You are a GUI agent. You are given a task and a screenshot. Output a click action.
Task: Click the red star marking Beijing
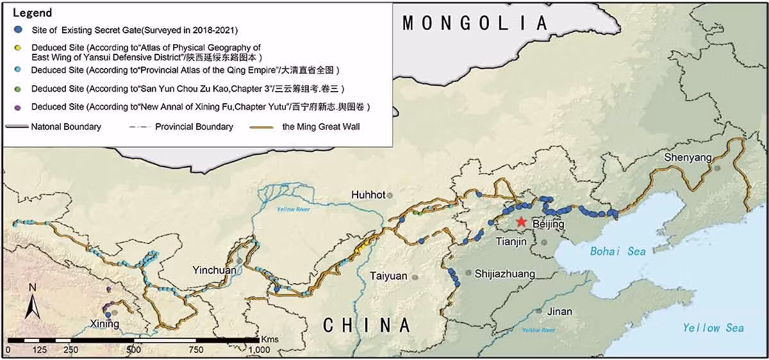coord(522,222)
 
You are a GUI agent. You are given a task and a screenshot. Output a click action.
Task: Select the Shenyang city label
coord(688,158)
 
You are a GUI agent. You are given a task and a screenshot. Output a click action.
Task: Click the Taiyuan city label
coord(388,276)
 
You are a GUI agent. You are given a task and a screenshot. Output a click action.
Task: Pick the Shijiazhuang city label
coord(505,274)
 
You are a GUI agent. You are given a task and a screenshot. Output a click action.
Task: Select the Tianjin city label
coord(511,241)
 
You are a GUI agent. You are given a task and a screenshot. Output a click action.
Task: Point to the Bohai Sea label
coord(613,251)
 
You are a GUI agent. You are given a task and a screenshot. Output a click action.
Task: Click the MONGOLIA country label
coord(475,24)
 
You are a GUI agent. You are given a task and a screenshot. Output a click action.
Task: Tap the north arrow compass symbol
coord(33,302)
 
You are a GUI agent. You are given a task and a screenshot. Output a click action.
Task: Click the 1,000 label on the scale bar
coord(259,350)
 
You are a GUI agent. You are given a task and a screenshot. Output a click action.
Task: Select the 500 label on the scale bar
coord(133,350)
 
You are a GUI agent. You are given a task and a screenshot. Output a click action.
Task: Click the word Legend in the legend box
coord(32,13)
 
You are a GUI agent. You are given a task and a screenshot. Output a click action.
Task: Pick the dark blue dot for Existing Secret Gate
coord(19,29)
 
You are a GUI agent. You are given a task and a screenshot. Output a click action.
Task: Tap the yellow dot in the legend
coord(19,47)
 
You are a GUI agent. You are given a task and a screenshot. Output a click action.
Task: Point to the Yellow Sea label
coord(713,327)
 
